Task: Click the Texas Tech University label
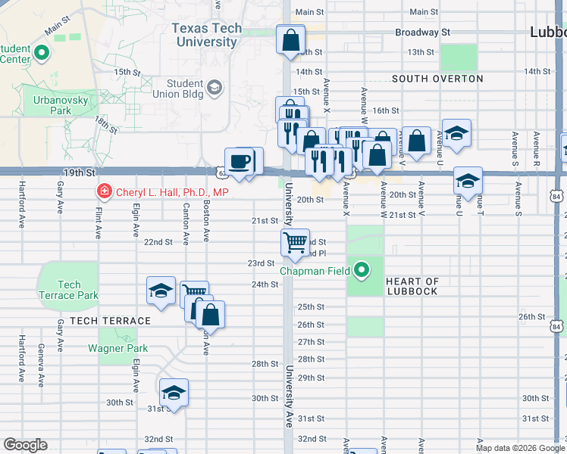pos(207,35)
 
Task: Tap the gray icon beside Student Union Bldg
pos(215,89)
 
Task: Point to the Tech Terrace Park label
pos(68,290)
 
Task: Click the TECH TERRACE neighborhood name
pos(110,321)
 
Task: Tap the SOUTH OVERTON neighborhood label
pos(437,79)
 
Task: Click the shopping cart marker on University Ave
pos(295,243)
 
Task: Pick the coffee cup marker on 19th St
pos(240,162)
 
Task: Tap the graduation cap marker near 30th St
pos(174,393)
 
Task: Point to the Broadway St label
pos(422,33)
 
